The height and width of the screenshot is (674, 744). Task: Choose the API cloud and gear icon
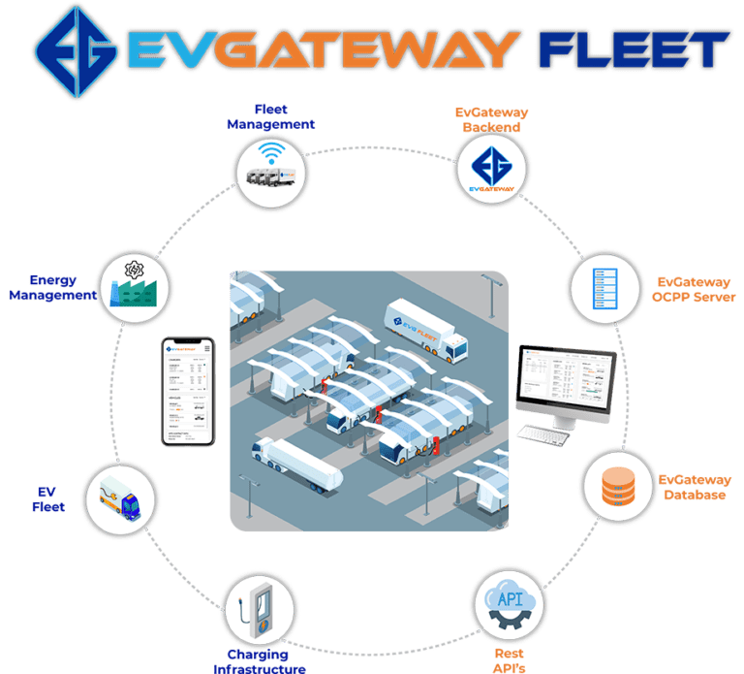(509, 605)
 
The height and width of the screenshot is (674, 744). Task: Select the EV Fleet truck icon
(119, 499)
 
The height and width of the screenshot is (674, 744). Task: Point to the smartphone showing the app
(187, 392)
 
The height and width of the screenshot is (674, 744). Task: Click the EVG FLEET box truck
(426, 327)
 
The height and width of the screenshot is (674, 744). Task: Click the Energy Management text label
(53, 287)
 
